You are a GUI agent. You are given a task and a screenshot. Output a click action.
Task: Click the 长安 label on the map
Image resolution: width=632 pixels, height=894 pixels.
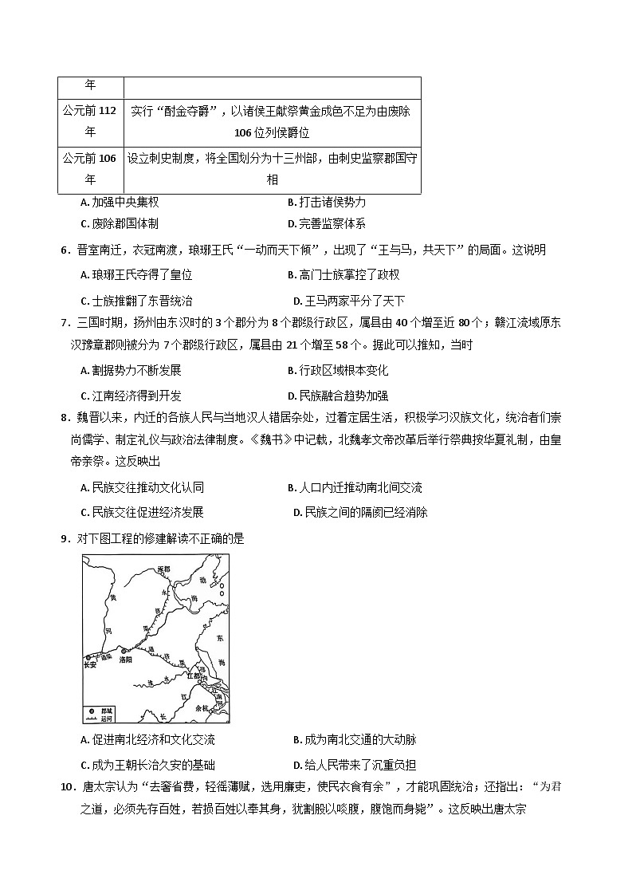[90, 664]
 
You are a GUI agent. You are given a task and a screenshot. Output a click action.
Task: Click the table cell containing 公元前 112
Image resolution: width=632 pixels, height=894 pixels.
[90, 121]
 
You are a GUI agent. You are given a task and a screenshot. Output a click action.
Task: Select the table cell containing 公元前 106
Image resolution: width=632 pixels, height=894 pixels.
[90, 169]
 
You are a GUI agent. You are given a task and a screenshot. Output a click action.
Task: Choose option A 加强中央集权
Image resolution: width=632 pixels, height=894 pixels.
[120, 203]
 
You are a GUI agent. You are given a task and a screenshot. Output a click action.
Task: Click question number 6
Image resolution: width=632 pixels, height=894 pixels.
[64, 250]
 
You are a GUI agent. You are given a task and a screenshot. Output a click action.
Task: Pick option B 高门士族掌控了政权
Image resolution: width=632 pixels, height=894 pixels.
[343, 275]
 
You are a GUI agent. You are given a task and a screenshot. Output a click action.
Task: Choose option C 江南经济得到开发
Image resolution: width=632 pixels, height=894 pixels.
[131, 396]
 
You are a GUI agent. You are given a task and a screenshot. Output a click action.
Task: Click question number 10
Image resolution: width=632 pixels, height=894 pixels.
[67, 787]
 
